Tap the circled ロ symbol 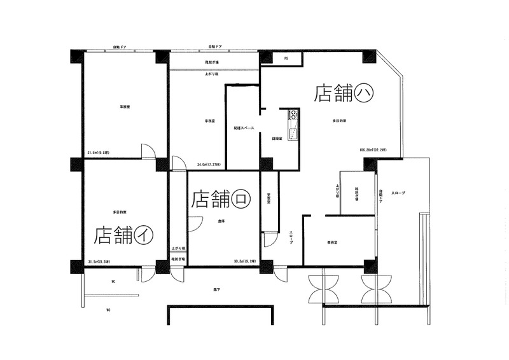tap(241, 198)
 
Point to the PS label tap(286, 59)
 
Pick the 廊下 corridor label tap(217, 290)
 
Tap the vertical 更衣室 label tap(269, 198)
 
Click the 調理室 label tap(277, 138)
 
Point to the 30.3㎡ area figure tap(245, 261)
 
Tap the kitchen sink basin tap(293, 134)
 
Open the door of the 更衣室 tap(269, 239)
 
